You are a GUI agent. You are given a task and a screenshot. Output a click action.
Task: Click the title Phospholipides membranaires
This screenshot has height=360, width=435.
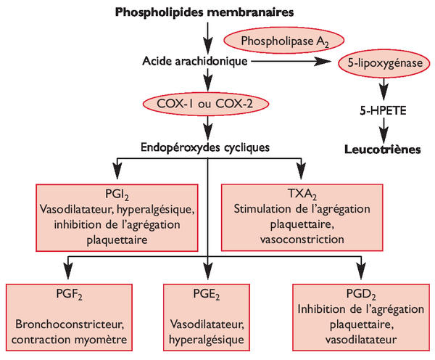(208, 12)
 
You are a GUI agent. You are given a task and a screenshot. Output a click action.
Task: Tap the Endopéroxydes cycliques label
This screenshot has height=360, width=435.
(208, 147)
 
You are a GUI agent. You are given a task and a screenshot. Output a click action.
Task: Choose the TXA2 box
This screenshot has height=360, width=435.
(302, 216)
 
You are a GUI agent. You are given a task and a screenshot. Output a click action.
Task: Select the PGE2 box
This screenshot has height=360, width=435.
(208, 318)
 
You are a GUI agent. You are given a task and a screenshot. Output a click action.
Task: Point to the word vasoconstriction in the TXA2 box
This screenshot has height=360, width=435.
(302, 237)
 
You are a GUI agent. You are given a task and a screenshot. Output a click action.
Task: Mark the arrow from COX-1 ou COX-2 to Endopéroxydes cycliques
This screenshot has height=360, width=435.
(208, 127)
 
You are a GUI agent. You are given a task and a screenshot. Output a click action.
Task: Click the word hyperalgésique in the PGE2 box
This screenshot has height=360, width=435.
(208, 337)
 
